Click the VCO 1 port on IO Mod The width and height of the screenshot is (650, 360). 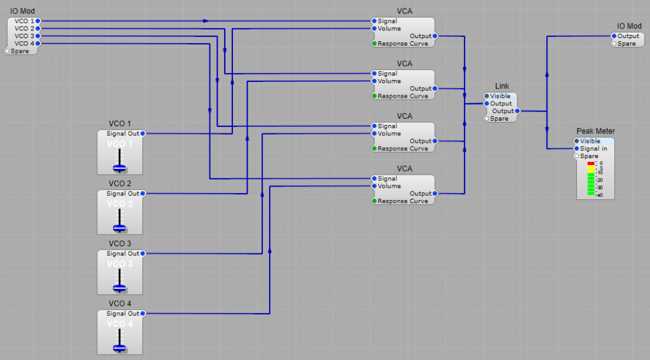pyautogui.click(x=38, y=21)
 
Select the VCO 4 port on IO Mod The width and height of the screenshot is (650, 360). pyautogui.click(x=38, y=43)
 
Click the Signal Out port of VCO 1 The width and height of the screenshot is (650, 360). pyautogui.click(x=143, y=134)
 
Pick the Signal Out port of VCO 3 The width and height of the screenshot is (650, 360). pyautogui.click(x=143, y=253)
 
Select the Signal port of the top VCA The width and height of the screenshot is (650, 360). pyautogui.click(x=375, y=21)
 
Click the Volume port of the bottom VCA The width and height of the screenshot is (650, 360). pyautogui.click(x=375, y=186)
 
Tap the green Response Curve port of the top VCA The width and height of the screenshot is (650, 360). pyautogui.click(x=375, y=44)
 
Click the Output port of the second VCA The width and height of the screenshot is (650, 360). pyautogui.click(x=435, y=89)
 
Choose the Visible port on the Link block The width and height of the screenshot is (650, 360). pyautogui.click(x=487, y=97)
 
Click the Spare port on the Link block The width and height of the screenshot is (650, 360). pyautogui.click(x=487, y=119)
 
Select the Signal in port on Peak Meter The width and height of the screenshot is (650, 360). pyautogui.click(x=577, y=149)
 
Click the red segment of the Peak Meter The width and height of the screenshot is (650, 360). pyautogui.click(x=591, y=164)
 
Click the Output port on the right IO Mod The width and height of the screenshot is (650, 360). pyautogui.click(x=614, y=36)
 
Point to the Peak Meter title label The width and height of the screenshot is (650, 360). pyautogui.click(x=595, y=131)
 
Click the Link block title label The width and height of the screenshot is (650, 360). pyautogui.click(x=502, y=86)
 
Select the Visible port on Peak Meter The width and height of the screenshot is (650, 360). pyautogui.click(x=577, y=141)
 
